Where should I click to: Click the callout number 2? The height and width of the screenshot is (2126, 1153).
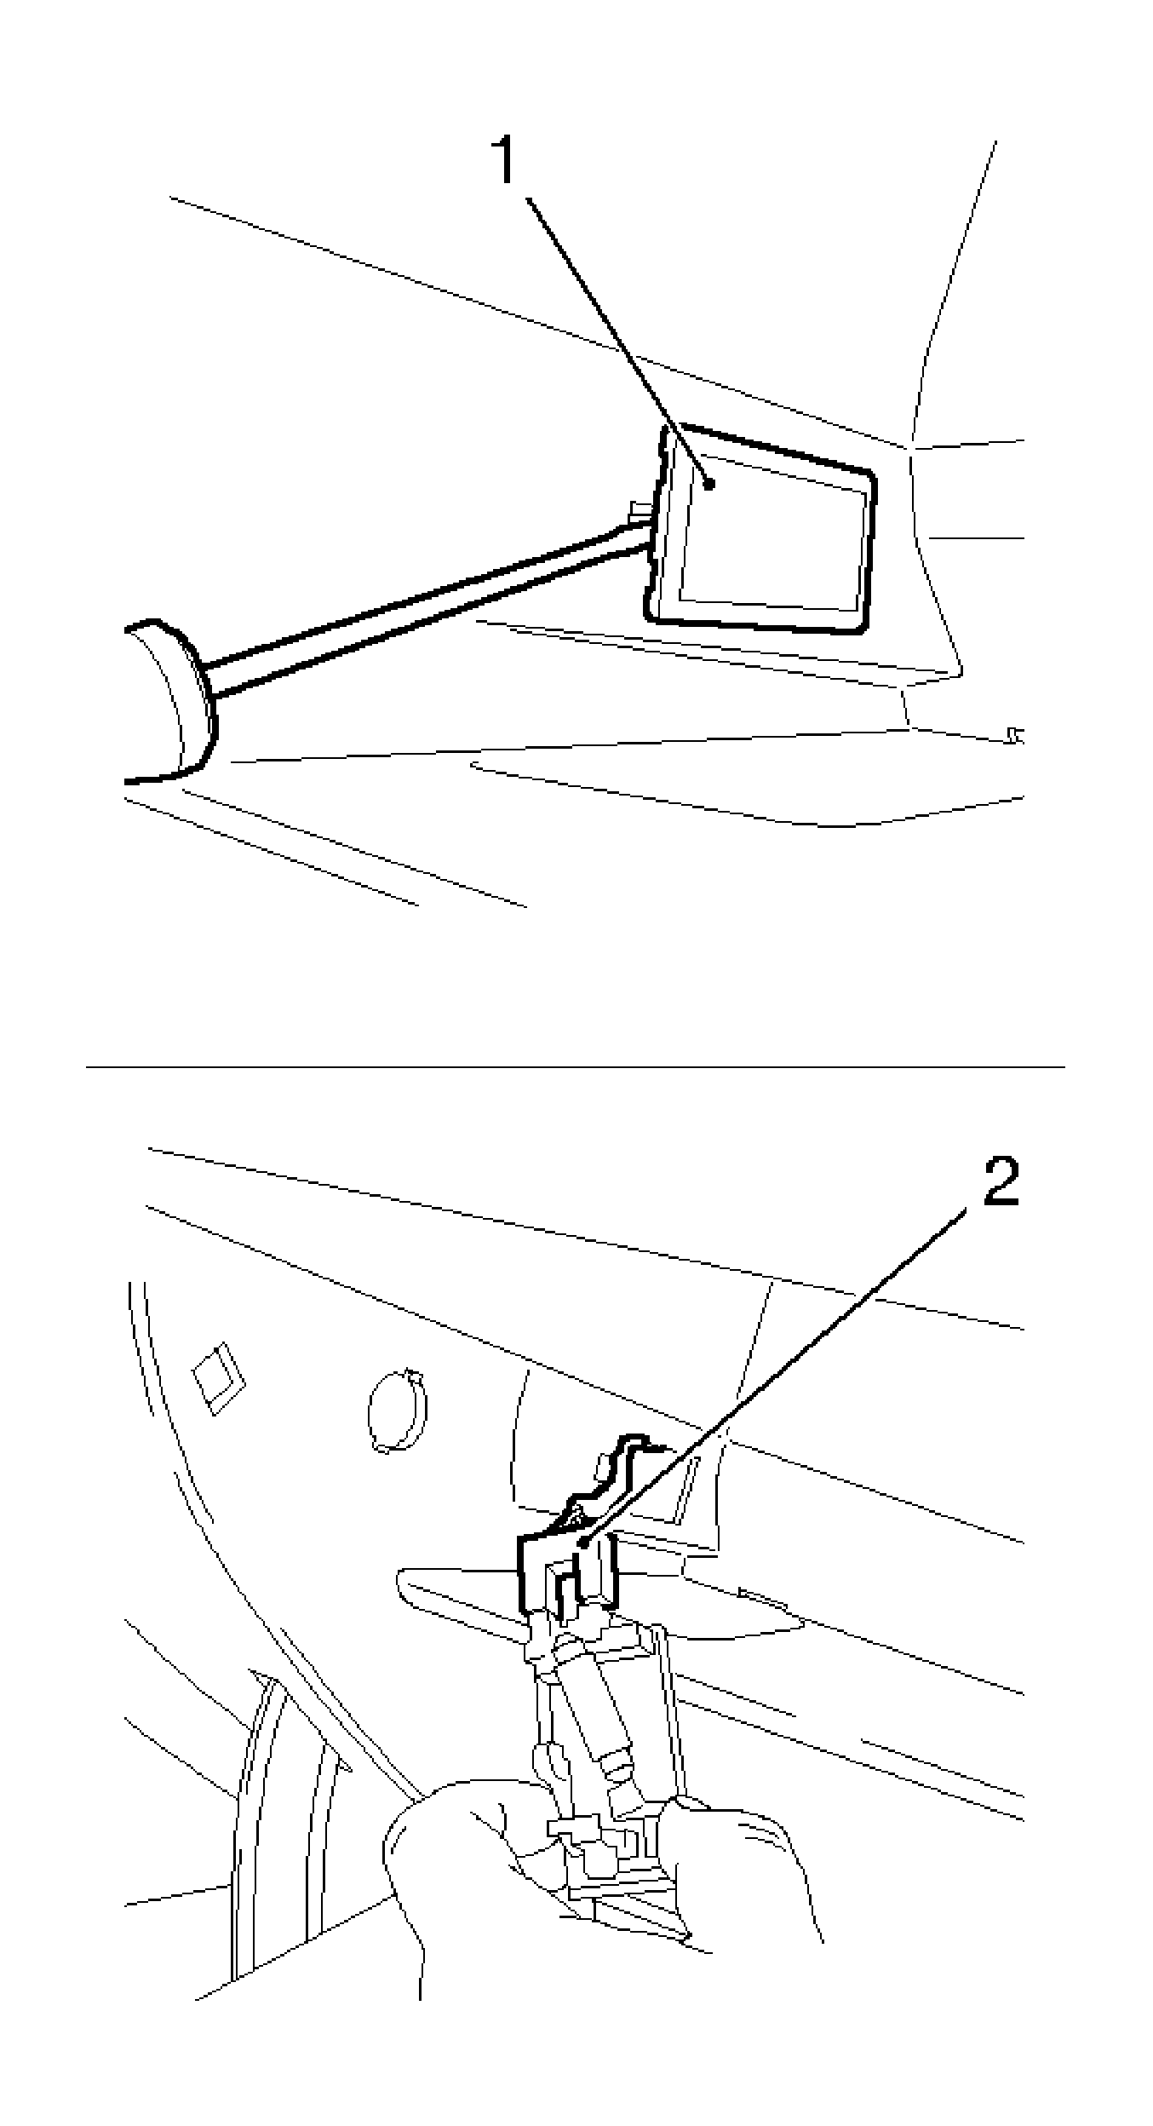pyautogui.click(x=1001, y=1181)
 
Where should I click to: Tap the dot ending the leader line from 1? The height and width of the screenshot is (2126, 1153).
pyautogui.click(x=708, y=483)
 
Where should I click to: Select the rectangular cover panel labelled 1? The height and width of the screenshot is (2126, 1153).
pyautogui.click(x=766, y=545)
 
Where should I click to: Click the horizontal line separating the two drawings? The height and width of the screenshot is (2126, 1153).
pyautogui.click(x=576, y=1066)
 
